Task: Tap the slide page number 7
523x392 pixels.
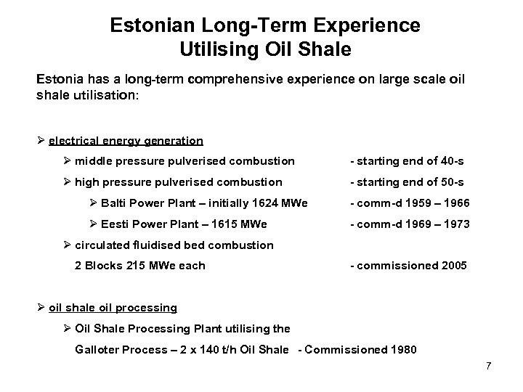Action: click(489, 365)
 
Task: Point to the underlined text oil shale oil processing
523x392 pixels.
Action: click(113, 308)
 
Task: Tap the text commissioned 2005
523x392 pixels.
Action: click(408, 266)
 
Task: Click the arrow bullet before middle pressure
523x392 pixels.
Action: click(68, 160)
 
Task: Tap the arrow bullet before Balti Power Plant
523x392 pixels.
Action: click(94, 203)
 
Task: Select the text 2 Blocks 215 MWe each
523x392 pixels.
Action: click(140, 266)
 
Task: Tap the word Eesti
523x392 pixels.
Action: click(119, 224)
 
